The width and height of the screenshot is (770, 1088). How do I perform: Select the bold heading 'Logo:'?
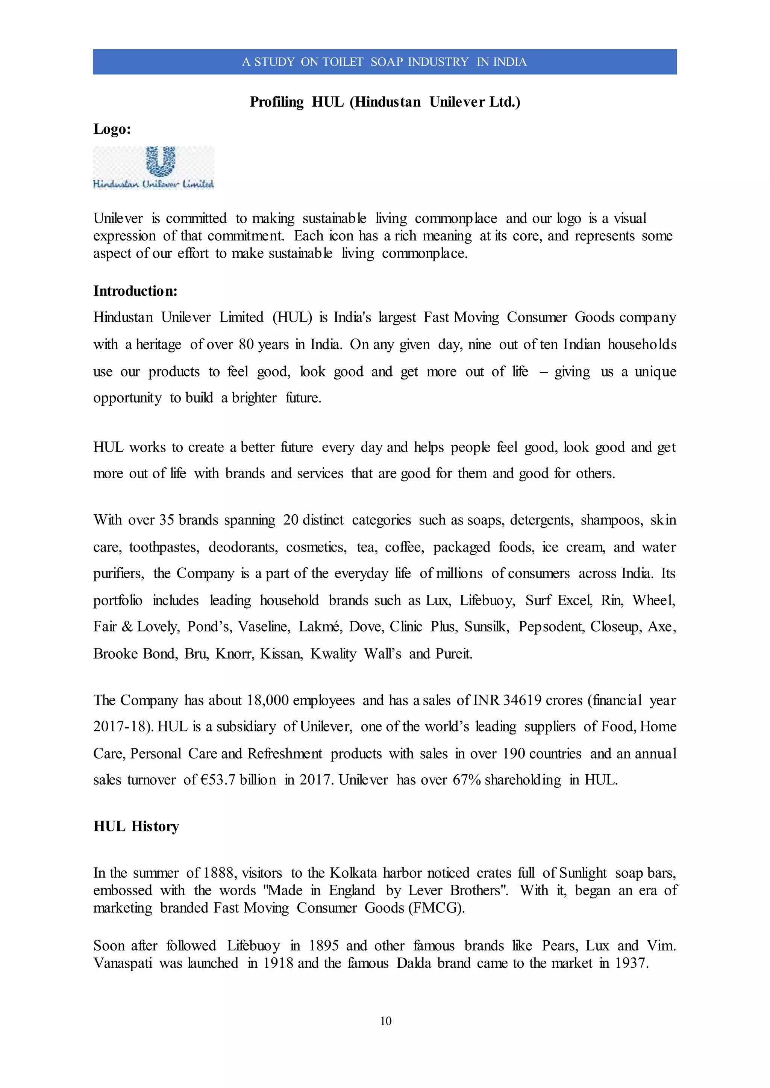pyautogui.click(x=112, y=129)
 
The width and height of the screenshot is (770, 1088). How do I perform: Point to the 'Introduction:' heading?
pyautogui.click(x=135, y=290)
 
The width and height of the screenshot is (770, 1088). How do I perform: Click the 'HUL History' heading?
pyautogui.click(x=136, y=827)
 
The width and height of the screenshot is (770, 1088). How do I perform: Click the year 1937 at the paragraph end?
pyautogui.click(x=631, y=963)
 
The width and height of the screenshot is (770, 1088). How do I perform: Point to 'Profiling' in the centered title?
pyautogui.click(x=276, y=102)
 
